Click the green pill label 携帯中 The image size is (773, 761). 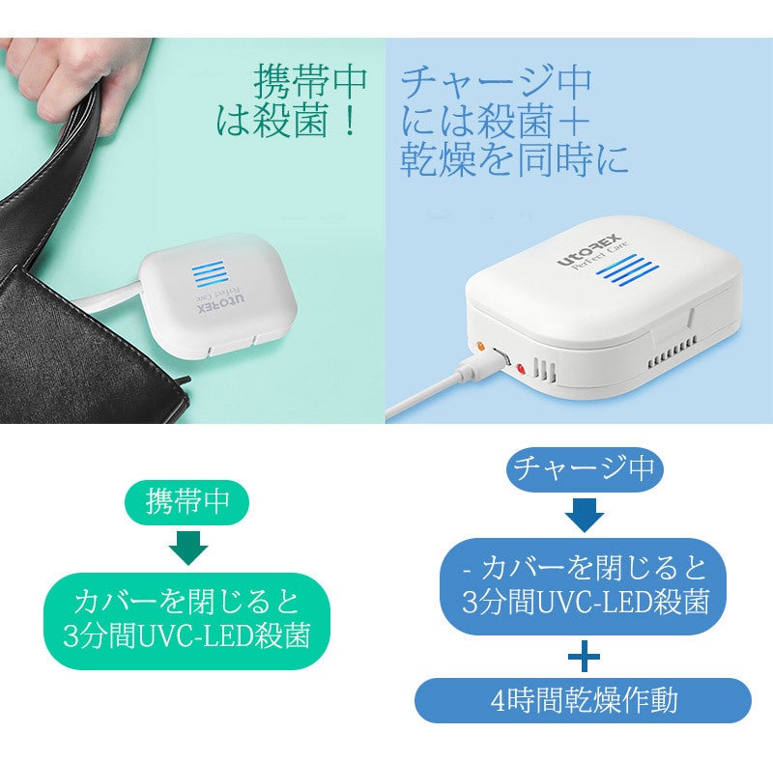[x=186, y=502]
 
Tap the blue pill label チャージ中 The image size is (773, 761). [x=585, y=468]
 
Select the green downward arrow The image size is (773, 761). [x=188, y=548]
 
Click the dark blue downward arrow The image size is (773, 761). [x=585, y=515]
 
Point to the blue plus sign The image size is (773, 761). [x=585, y=656]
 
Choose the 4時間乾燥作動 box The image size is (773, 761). [x=584, y=700]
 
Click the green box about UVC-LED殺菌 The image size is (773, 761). [x=186, y=621]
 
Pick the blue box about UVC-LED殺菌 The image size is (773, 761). [x=584, y=586]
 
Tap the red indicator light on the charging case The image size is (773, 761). [x=520, y=368]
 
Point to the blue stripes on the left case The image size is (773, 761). [x=209, y=274]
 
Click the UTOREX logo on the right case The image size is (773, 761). [x=589, y=250]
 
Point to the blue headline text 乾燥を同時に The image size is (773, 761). [x=514, y=159]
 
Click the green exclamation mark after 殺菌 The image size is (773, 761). [x=351, y=122]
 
